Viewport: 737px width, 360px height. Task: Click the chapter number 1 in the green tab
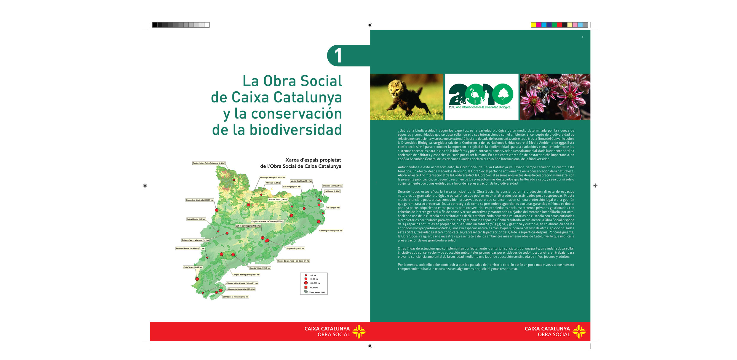(338, 56)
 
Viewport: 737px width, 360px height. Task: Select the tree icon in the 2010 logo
(503, 94)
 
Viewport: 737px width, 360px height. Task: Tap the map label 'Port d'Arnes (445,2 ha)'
(193, 267)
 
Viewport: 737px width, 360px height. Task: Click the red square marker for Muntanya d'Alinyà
(248, 205)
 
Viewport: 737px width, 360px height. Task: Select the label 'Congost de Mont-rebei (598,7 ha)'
(200, 200)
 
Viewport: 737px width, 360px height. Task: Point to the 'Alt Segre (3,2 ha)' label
(273, 183)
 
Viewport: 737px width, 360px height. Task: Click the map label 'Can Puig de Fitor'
(331, 231)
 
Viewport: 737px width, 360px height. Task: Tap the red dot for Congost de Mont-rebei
(217, 210)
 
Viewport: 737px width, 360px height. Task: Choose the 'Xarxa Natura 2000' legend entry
(316, 292)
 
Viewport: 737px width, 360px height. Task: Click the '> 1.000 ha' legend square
(306, 287)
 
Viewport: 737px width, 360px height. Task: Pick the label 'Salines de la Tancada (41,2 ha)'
(236, 297)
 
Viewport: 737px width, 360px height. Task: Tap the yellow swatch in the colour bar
(533, 25)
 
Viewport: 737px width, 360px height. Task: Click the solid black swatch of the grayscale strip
(155, 25)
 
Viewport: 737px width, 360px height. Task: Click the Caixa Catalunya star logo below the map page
(359, 332)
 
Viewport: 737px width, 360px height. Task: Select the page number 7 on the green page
(582, 37)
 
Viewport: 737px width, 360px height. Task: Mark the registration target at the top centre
(370, 25)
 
